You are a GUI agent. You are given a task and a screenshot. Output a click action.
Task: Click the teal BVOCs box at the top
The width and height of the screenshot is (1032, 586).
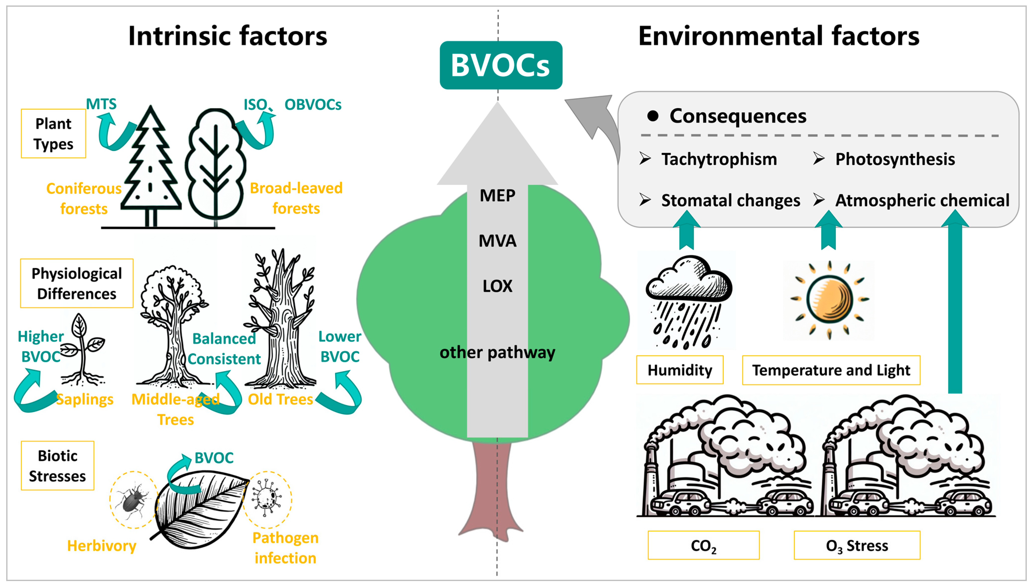(x=501, y=65)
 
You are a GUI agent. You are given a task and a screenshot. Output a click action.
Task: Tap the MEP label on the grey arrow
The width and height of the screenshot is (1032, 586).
(x=498, y=196)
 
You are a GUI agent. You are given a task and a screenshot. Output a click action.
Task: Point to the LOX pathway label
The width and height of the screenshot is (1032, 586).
(x=498, y=286)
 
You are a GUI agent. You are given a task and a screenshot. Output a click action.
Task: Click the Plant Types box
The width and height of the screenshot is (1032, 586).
(x=54, y=134)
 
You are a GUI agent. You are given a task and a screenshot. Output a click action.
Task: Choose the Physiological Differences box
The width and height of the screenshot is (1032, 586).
(x=76, y=283)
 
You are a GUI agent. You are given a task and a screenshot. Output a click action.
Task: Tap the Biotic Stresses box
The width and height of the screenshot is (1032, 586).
(x=58, y=466)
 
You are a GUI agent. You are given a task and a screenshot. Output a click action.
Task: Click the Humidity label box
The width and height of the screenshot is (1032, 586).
(x=680, y=370)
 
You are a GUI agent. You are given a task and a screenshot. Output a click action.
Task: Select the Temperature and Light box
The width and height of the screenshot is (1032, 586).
(x=831, y=370)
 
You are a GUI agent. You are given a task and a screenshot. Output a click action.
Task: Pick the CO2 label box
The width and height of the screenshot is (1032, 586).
(x=704, y=545)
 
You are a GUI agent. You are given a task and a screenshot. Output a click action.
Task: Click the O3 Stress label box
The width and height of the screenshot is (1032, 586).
(x=857, y=545)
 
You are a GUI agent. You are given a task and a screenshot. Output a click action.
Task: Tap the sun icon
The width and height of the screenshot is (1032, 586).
(x=829, y=299)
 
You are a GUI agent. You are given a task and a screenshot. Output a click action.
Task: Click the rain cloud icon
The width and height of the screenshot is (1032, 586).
(x=688, y=300)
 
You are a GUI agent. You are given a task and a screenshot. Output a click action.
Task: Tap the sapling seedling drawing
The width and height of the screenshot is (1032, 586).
(x=82, y=350)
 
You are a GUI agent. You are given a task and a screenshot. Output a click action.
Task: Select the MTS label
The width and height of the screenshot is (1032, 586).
(x=101, y=104)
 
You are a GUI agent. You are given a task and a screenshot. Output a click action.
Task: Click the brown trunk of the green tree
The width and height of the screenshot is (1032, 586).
(x=491, y=491)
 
